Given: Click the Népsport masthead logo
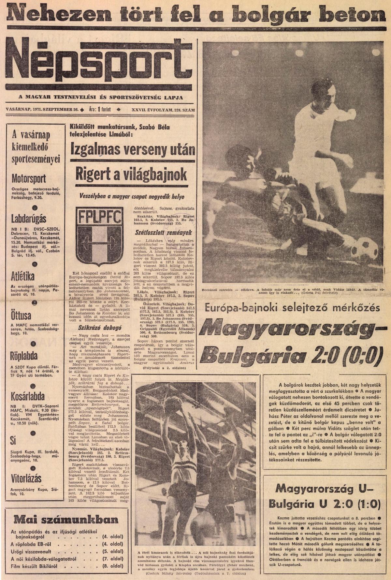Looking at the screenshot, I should [98, 62].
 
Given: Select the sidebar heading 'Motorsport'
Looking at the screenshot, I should [29, 178].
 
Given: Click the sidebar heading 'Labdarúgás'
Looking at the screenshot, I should [29, 218].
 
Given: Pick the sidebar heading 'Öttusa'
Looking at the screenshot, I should [22, 315].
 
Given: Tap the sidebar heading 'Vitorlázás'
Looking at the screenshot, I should [26, 479].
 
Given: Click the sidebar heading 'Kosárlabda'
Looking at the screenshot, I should [28, 396].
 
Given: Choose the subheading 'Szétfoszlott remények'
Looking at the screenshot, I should [164, 233].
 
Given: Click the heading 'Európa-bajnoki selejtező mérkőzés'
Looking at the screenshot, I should [292, 308].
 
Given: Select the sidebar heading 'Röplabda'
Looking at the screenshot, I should [24, 356].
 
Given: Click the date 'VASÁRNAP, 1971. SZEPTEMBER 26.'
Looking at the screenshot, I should [42, 110].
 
